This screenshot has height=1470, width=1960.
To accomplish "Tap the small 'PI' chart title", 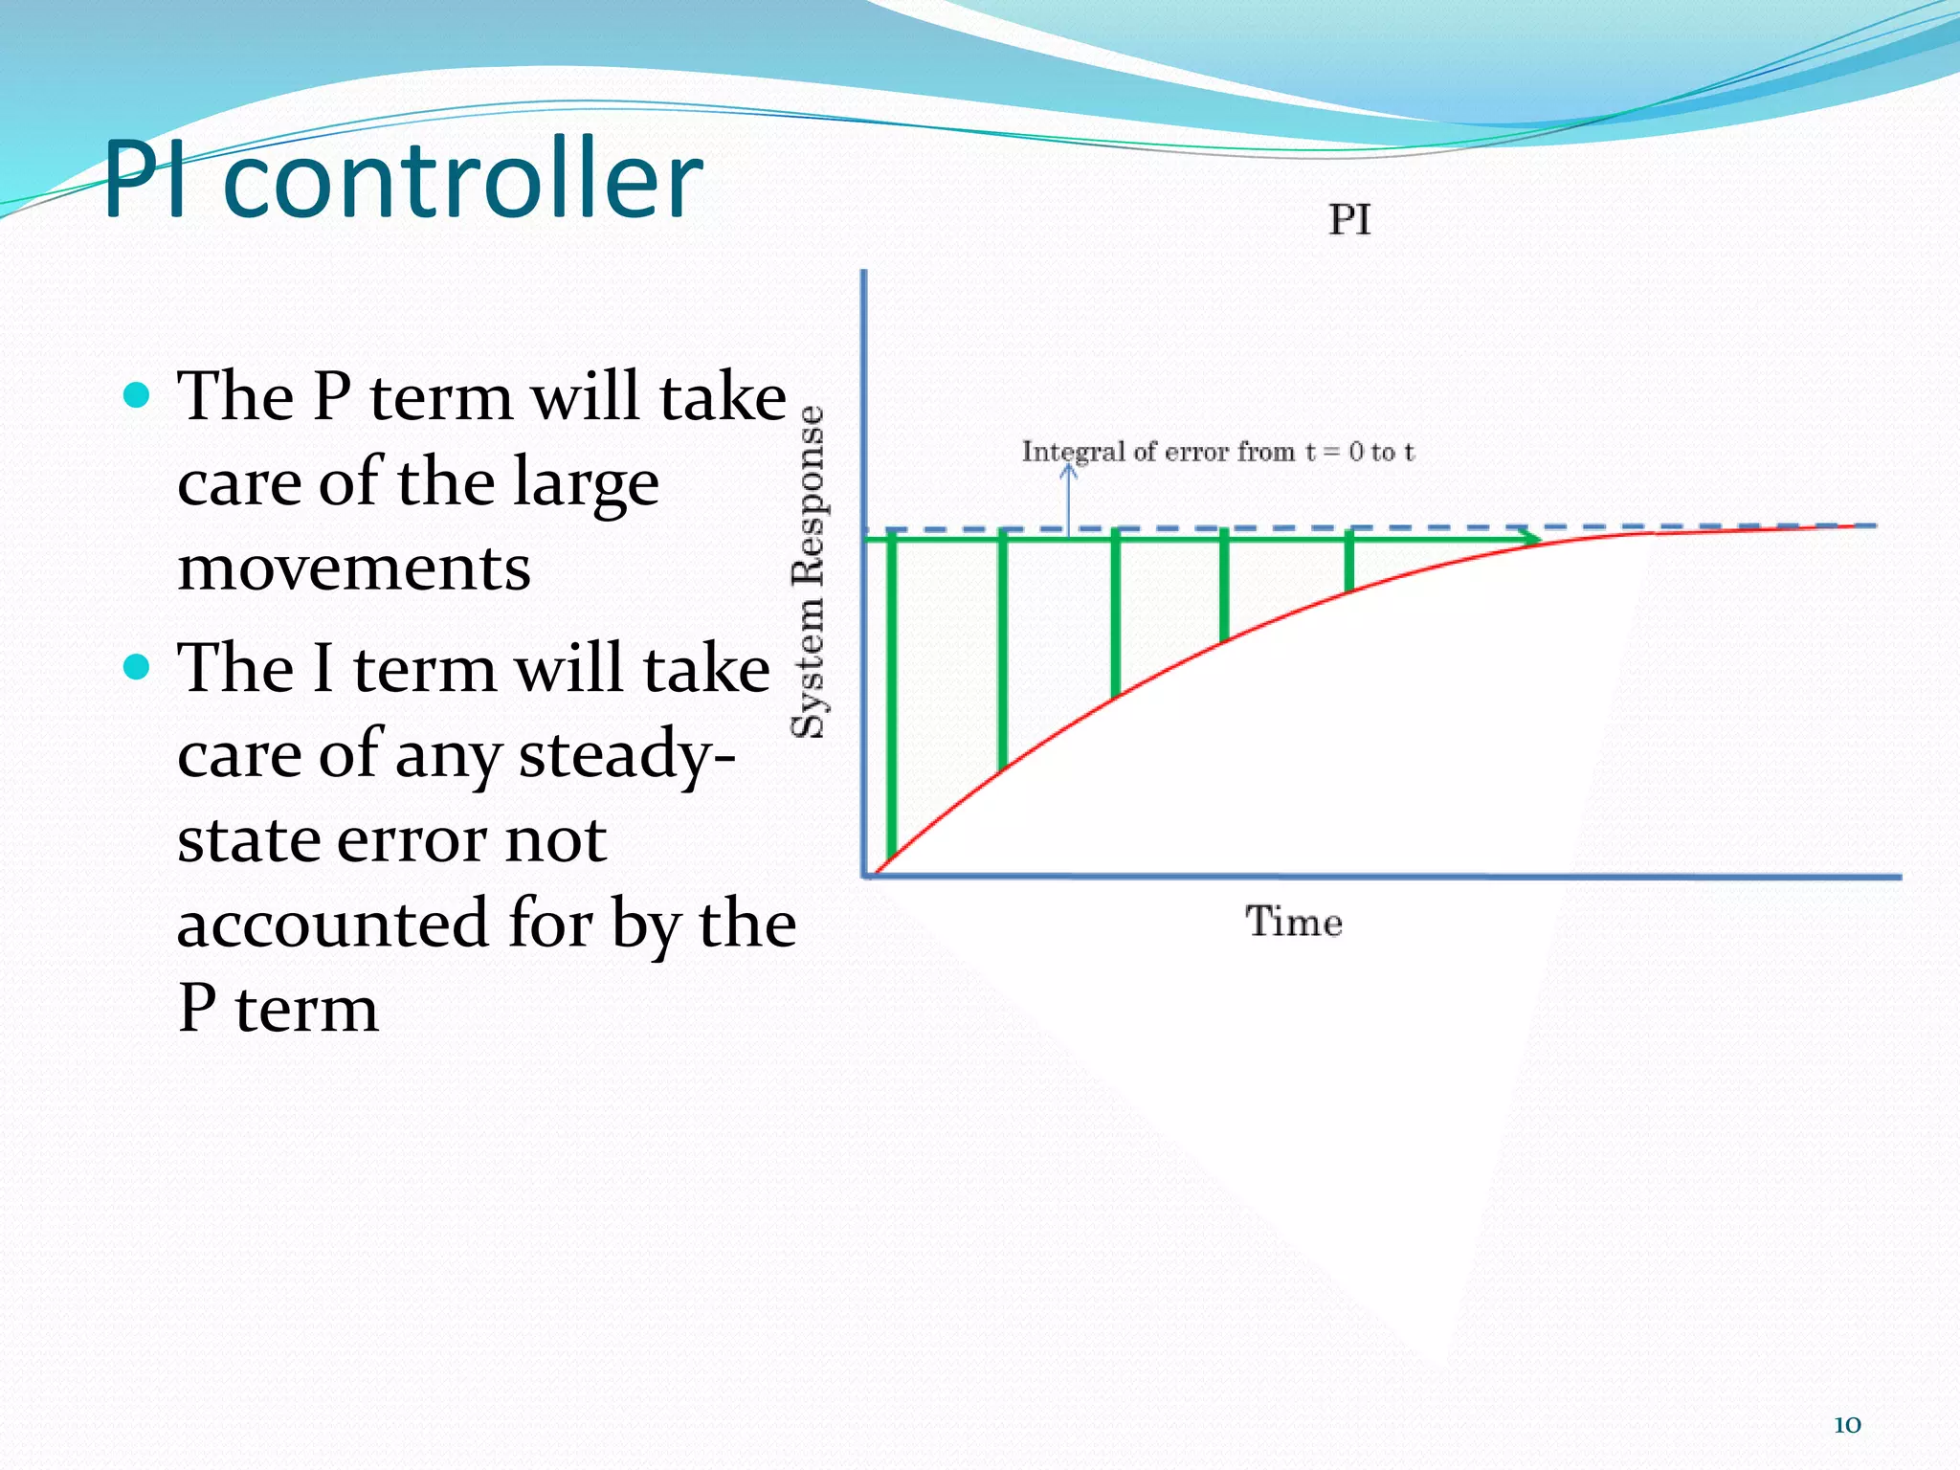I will (1349, 220).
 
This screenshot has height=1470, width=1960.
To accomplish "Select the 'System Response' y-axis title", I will (810, 572).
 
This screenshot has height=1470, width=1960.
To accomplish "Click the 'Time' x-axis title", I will (1294, 922).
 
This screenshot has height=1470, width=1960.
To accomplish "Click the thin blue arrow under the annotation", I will (1069, 498).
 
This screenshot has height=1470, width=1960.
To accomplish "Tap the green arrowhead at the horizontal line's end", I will (1530, 540).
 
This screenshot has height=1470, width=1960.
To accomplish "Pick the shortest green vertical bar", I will (1349, 565).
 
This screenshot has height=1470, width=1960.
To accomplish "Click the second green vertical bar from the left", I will (1002, 651).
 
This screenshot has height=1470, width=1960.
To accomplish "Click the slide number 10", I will (1847, 1424).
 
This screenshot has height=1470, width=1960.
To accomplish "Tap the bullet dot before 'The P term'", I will (138, 395).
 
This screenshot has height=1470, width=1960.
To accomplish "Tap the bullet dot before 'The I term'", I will (138, 666).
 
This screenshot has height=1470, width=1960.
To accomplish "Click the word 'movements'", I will (354, 568).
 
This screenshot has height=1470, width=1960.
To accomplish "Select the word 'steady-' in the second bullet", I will (627, 754).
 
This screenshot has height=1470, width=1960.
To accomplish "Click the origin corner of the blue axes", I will (865, 875).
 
